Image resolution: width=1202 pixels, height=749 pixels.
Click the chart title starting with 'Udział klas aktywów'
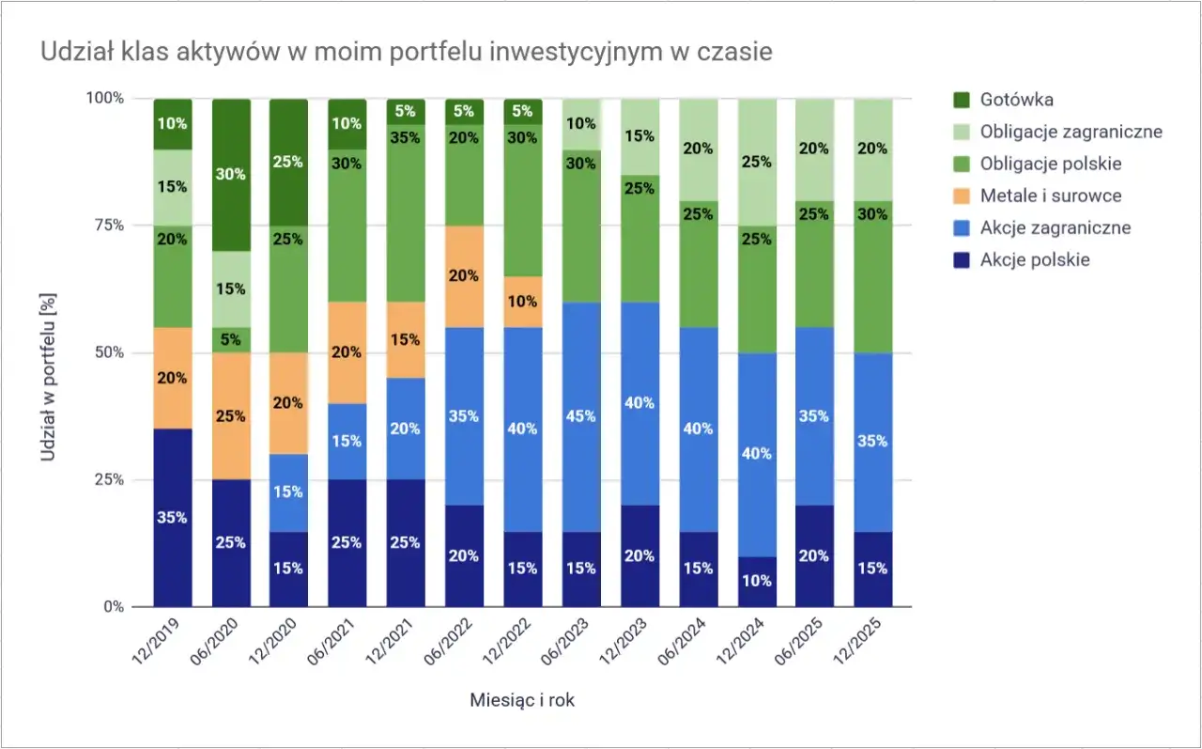tap(406, 52)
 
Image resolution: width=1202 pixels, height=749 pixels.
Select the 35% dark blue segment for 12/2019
tap(173, 517)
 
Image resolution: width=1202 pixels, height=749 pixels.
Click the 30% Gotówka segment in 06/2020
tap(231, 175)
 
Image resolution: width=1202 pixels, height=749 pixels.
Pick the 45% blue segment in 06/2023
tap(580, 415)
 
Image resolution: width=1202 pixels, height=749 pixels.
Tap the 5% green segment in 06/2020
tap(231, 340)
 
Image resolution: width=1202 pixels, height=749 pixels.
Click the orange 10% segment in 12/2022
tap(522, 302)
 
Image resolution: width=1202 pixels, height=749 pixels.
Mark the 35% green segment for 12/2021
tap(406, 137)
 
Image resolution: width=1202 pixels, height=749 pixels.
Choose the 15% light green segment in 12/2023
tap(639, 136)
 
